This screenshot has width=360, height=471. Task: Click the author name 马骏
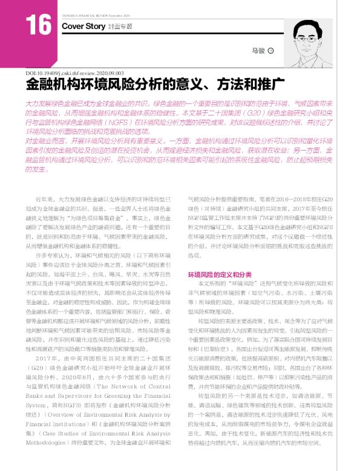[258, 51]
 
